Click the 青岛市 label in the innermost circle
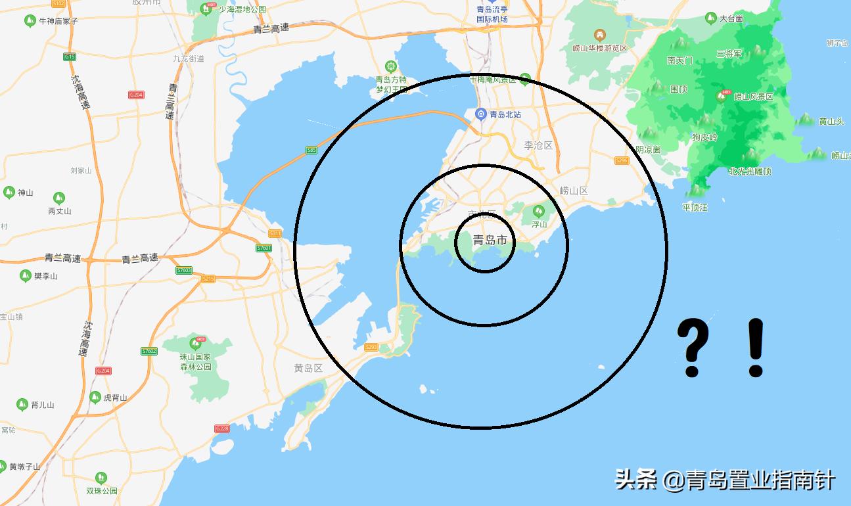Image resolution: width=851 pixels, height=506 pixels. coord(490,241)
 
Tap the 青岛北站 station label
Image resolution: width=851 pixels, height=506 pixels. coord(505,114)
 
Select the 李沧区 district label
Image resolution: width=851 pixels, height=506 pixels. coord(538,145)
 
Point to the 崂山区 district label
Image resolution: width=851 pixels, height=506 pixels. coord(573,191)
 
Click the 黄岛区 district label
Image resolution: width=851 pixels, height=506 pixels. coord(308,368)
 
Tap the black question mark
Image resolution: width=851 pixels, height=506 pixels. coord(693,348)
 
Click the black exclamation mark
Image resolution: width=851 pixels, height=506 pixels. coord(755,348)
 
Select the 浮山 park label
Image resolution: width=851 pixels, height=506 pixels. coord(539,224)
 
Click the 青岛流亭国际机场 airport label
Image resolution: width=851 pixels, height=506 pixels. coord(492,14)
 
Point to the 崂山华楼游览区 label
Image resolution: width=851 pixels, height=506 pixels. coord(599,48)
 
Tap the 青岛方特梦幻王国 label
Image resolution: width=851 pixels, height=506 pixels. coord(391,84)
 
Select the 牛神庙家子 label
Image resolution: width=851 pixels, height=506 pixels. coord(58,21)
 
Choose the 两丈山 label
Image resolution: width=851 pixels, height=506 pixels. coord(59,211)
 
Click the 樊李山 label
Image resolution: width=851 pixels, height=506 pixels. coord(45,276)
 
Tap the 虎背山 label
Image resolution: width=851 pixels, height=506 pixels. coord(115,398)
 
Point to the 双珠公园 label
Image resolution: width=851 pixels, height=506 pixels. coord(101,491)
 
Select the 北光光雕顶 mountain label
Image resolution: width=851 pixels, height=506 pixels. coord(749,171)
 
